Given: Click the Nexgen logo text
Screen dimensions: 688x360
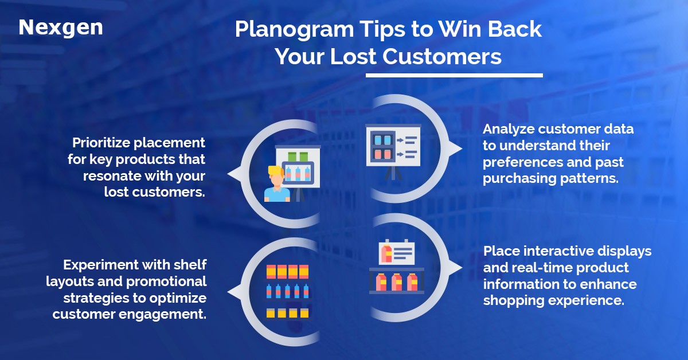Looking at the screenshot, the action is click(61, 28).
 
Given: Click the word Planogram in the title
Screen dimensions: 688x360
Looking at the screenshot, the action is click(294, 30).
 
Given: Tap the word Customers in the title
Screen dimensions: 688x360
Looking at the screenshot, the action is click(441, 56).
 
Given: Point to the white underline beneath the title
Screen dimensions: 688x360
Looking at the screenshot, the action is click(454, 75).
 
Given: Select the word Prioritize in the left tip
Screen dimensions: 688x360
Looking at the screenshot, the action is click(101, 143).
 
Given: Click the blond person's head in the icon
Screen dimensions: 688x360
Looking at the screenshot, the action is click(276, 175).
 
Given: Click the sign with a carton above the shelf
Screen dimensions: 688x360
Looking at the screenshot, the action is click(397, 252).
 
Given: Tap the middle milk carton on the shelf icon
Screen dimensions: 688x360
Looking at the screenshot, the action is click(396, 282).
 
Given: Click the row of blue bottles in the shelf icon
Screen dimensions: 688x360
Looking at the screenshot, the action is click(287, 291).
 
